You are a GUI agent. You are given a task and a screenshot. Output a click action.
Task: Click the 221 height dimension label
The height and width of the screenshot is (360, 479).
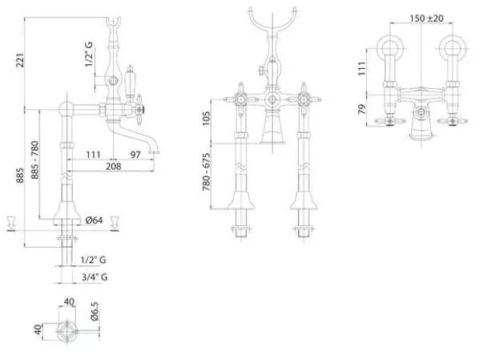(20, 60)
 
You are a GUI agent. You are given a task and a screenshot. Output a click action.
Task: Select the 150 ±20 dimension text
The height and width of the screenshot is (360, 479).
(426, 18)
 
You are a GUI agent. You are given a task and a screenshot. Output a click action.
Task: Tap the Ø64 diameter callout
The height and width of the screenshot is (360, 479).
(94, 220)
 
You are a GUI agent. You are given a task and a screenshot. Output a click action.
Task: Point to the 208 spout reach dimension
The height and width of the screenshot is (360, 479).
(113, 167)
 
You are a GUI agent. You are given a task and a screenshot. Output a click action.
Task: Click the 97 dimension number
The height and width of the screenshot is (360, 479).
(135, 155)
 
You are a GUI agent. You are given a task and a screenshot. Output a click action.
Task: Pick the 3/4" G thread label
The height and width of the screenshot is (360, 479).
(95, 277)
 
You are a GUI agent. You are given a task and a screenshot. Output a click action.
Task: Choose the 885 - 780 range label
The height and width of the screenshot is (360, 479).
(34, 160)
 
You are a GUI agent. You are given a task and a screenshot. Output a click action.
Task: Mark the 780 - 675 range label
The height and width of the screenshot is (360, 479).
(206, 172)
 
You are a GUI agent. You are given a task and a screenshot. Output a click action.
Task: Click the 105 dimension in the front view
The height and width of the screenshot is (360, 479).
(206, 118)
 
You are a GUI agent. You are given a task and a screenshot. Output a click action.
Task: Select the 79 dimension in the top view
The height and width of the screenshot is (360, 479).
(362, 109)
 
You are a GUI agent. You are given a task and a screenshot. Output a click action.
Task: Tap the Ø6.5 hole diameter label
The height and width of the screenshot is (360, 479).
(95, 311)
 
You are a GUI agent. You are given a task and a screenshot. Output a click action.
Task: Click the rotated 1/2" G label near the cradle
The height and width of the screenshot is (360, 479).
(89, 55)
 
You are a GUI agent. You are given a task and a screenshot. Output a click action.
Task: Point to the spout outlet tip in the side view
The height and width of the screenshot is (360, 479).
(154, 152)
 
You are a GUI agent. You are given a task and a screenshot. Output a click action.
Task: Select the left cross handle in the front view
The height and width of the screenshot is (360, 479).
(240, 99)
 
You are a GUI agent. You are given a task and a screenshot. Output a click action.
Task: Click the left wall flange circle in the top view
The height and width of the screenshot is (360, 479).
(390, 48)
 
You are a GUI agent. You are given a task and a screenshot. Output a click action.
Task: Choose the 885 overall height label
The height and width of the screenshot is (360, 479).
(20, 176)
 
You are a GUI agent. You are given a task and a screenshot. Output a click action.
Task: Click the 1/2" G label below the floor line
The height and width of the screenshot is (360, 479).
(93, 260)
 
